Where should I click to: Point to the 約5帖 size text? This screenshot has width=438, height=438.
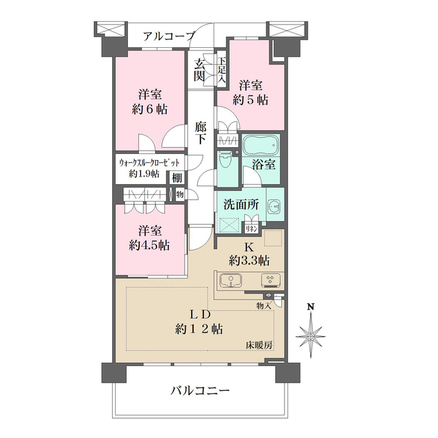(250, 99)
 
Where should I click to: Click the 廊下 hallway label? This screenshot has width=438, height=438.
(201, 133)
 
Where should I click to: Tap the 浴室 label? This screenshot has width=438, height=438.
(263, 164)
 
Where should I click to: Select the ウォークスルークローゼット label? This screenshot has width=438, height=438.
(149, 163)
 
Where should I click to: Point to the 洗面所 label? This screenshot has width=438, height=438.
(240, 204)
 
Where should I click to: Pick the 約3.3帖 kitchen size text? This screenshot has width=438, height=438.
(249, 259)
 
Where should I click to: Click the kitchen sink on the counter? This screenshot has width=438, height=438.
(232, 281)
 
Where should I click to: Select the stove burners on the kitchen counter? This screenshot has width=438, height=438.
(270, 280)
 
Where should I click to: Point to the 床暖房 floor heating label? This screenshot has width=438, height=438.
(259, 345)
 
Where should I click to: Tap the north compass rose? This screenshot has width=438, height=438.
(311, 334)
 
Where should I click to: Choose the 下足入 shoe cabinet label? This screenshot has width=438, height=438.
(222, 69)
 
